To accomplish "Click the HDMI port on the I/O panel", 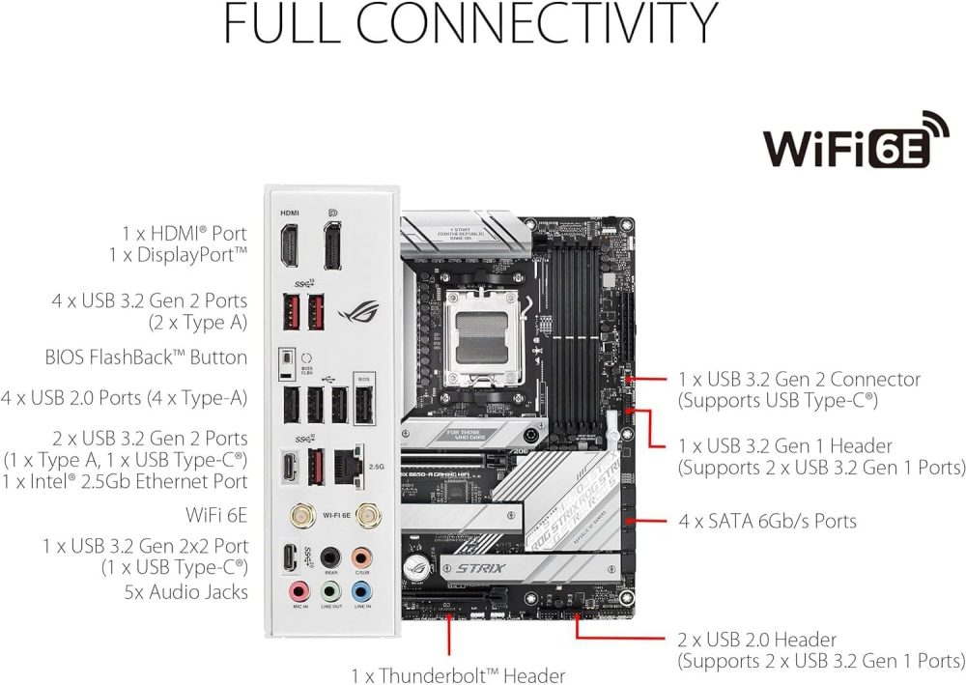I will pos(289,245).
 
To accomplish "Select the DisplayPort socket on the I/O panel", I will pos(331,245).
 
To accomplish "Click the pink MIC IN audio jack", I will pos(298,589).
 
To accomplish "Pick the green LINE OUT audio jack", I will pos(330,589).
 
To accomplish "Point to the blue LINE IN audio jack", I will pos(362,589).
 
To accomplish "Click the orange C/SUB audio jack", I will pos(361,557).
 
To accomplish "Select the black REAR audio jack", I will pos(330,557).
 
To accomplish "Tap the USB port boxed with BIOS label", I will pos(362,404).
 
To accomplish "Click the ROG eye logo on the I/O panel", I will pos(362,312).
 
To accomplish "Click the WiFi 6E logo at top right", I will pos(855,143).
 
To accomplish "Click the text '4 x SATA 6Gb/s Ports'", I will pos(767,522).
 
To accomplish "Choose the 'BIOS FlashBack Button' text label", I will pos(146,357).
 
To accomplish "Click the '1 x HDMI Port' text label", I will pos(184,234).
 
